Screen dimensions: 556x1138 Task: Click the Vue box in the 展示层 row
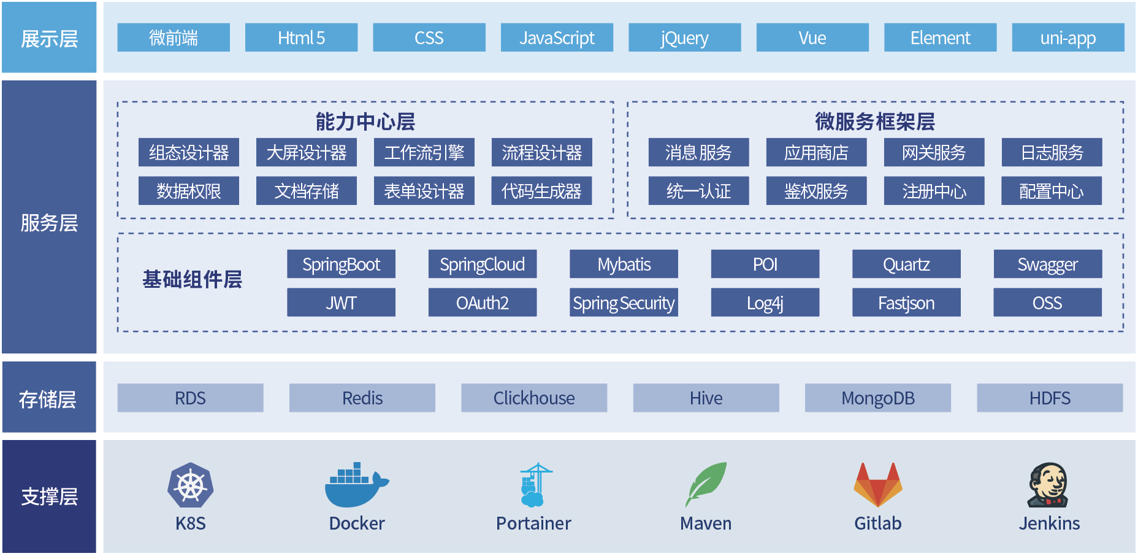tap(812, 38)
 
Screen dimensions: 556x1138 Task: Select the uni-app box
tap(1067, 38)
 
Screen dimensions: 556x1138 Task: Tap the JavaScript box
tap(557, 38)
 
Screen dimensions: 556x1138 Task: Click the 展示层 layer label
tap(49, 38)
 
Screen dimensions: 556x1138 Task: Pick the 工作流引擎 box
tap(424, 152)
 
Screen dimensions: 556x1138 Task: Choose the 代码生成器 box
tap(541, 191)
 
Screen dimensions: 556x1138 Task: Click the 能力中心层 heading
tap(365, 121)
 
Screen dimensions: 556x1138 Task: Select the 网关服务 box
tap(934, 152)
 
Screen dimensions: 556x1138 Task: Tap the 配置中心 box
tap(1051, 191)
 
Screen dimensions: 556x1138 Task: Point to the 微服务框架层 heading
tap(875, 121)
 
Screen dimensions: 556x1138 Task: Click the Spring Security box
tap(624, 303)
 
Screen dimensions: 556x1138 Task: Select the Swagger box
tap(1047, 264)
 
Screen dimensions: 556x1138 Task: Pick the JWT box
tap(341, 303)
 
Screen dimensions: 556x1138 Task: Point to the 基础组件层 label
tap(192, 279)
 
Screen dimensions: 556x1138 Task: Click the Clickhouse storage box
tap(534, 398)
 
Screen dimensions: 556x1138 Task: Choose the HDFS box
tap(1050, 398)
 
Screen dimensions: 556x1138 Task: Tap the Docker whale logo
tap(356, 485)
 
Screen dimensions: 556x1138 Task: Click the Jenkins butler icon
tap(1048, 485)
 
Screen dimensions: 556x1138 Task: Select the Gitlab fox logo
tap(877, 485)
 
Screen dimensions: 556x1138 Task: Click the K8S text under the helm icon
tap(190, 523)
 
